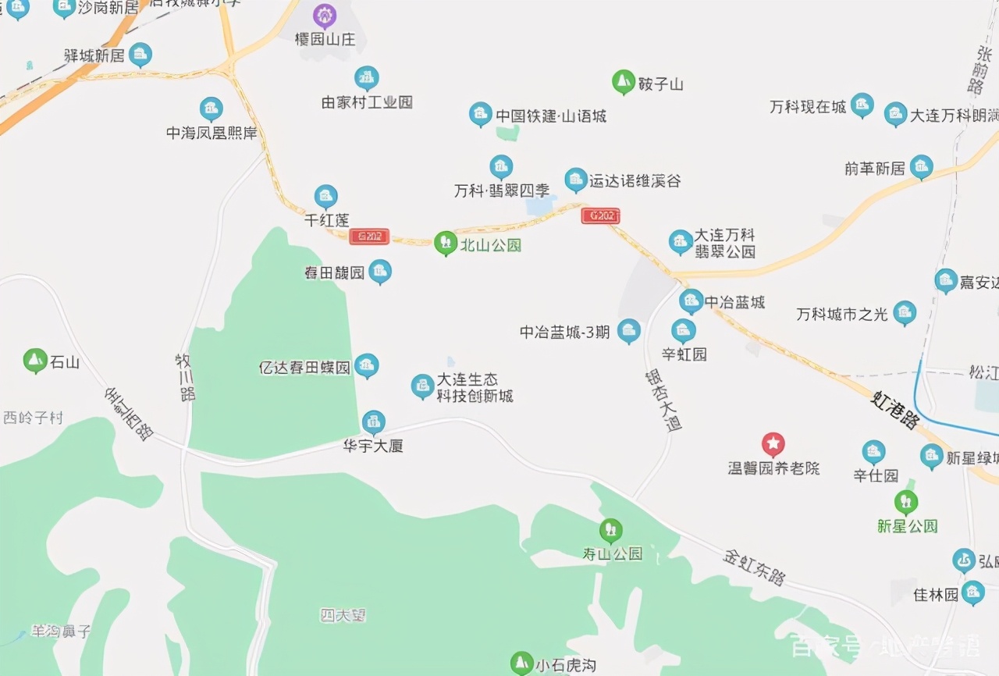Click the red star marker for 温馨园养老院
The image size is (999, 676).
773,445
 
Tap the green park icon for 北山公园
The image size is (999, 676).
445,243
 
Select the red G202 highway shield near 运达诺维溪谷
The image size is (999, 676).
600,215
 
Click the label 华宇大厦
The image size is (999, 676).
373,447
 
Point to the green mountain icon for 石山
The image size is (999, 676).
35,361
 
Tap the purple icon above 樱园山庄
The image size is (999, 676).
324,15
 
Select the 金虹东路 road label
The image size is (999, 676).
754,567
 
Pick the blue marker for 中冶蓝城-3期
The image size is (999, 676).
628,331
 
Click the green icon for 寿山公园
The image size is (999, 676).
610,531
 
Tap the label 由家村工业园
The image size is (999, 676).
367,102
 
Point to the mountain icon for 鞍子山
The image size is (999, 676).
623,81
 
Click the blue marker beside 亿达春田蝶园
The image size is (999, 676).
366,365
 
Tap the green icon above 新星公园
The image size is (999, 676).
905,501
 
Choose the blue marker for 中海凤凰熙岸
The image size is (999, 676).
211,109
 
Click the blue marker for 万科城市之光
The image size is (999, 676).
905,313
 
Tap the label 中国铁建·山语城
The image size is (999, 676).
551,116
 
